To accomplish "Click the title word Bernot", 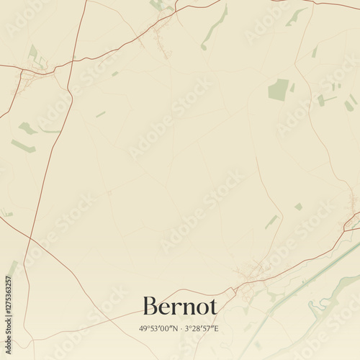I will tap(180, 306).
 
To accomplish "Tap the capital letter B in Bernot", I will tap(151, 306).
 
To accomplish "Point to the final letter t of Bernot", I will tap(212, 307).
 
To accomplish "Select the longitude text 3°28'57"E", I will tap(202, 328).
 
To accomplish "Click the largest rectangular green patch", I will tap(279, 90).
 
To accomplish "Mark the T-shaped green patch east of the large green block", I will tap(323, 99).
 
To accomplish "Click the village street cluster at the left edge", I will tap(32, 76).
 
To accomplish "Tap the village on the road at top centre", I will tap(162, 29).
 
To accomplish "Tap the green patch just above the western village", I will tap(33, 52).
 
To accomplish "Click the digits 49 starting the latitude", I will tap(143, 328).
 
